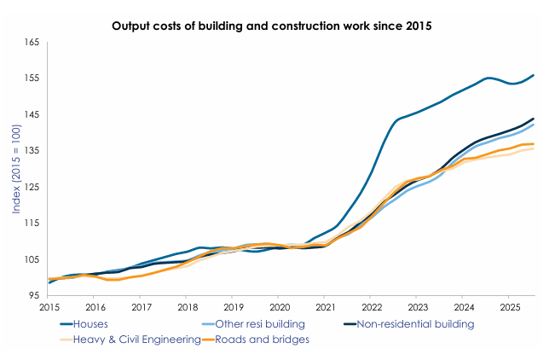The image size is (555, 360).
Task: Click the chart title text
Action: [272, 26]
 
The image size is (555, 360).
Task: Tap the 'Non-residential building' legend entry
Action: [413, 324]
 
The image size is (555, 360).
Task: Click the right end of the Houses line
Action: [534, 75]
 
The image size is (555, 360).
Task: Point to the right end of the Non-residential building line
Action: [534, 119]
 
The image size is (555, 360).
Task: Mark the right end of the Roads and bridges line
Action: [534, 144]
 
